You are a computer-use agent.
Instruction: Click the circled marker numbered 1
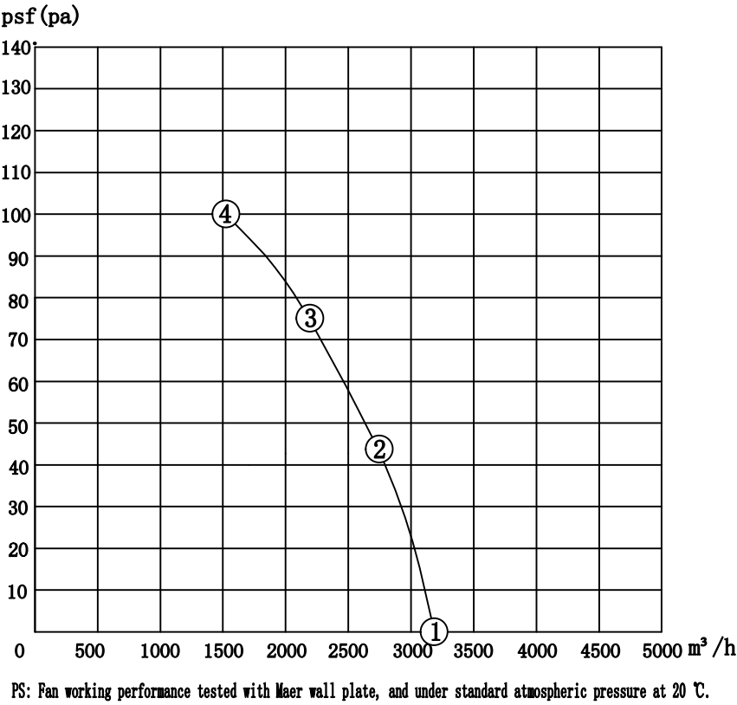436,631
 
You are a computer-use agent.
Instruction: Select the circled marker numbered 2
379,449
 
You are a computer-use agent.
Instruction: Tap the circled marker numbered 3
310,318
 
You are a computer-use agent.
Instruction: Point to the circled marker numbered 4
225,214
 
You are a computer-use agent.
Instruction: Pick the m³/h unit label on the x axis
712,649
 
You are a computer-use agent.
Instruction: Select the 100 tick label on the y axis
17,214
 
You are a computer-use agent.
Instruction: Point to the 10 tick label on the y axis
17,591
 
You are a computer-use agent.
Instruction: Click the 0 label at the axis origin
17,650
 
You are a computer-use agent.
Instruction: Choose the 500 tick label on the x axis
91,650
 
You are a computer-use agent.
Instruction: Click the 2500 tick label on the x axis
349,650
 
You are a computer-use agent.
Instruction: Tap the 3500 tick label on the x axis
474,650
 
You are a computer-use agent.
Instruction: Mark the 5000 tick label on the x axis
663,650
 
